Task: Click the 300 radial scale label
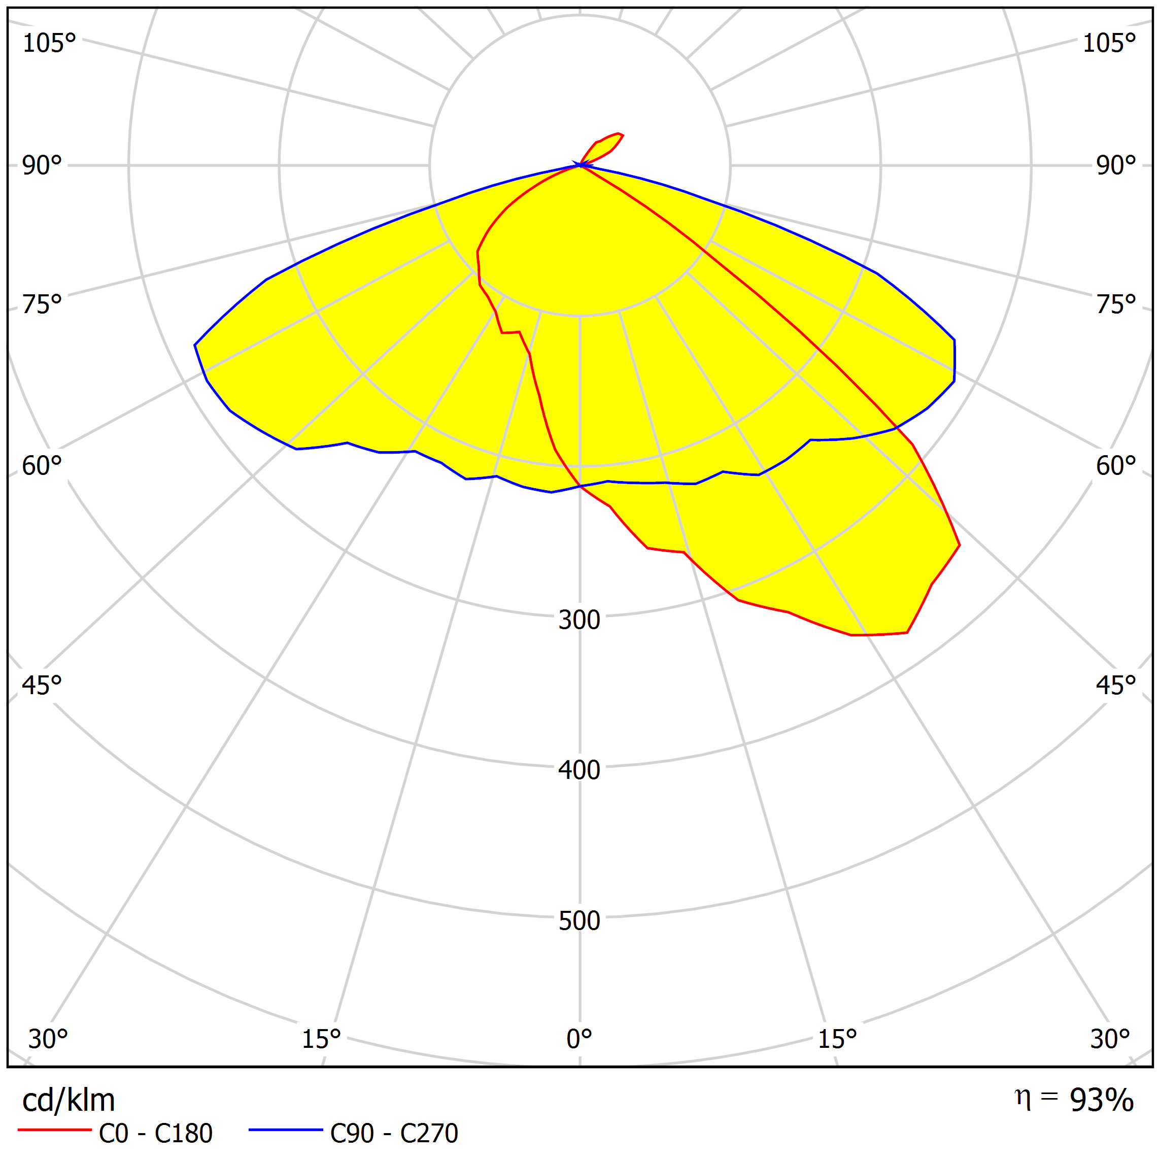pos(579,620)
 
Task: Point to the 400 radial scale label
pos(579,770)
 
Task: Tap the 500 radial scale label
pos(579,920)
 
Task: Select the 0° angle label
pos(579,1039)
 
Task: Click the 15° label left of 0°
pos(321,1039)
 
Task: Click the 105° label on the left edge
pos(49,43)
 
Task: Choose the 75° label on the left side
pos(42,304)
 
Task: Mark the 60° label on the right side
pos(1115,466)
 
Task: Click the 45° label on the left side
pos(42,686)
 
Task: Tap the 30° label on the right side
pos(1110,1039)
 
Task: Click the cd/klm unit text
pos(69,1101)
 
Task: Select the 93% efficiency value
pos(1101,1101)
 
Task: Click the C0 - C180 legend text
pos(155,1134)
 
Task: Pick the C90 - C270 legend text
pos(394,1134)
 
